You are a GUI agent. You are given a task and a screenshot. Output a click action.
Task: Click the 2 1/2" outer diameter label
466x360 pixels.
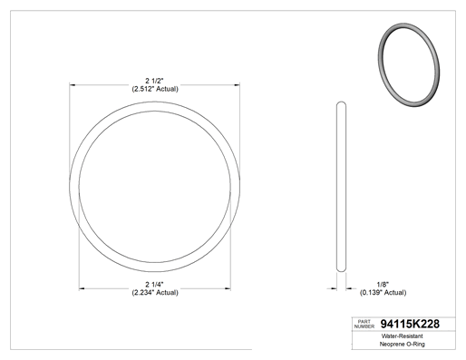point(154,81)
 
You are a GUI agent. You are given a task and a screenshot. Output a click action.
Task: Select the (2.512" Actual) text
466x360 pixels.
point(155,89)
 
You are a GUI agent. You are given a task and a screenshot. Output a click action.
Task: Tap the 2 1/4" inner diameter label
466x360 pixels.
point(154,285)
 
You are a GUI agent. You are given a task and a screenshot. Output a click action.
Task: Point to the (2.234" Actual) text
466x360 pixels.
point(155,293)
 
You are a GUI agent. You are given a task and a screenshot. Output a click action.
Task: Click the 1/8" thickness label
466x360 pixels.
point(383,285)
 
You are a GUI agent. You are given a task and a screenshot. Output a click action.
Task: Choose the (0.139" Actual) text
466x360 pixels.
point(383,293)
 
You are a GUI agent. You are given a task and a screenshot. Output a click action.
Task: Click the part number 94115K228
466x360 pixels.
point(410,324)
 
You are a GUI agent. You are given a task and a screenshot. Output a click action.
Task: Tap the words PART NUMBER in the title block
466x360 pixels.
point(364,324)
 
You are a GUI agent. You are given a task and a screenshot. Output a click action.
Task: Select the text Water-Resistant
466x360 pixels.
point(402,336)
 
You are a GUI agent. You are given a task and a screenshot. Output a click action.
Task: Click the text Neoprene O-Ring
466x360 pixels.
point(402,344)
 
